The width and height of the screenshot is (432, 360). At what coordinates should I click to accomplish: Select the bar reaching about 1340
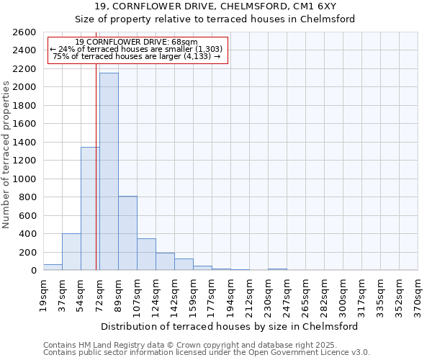pyautogui.click(x=89, y=209)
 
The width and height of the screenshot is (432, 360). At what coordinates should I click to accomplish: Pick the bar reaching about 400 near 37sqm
pyautogui.click(x=71, y=251)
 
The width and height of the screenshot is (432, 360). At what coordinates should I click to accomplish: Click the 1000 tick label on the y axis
pyautogui.click(x=26, y=179)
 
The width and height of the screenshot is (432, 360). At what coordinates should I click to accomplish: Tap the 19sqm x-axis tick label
pyautogui.click(x=43, y=296)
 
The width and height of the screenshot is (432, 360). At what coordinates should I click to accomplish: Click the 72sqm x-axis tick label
pyautogui.click(x=99, y=296)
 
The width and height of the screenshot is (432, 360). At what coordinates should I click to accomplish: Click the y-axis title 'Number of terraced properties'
pyautogui.click(x=7, y=155)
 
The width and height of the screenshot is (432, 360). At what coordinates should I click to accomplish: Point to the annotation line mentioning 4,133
pyautogui.click(x=137, y=56)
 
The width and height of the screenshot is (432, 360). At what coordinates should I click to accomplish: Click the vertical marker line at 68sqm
pyautogui.click(x=96, y=180)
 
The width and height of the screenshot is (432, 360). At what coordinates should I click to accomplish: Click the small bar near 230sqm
pyautogui.click(x=277, y=269)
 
